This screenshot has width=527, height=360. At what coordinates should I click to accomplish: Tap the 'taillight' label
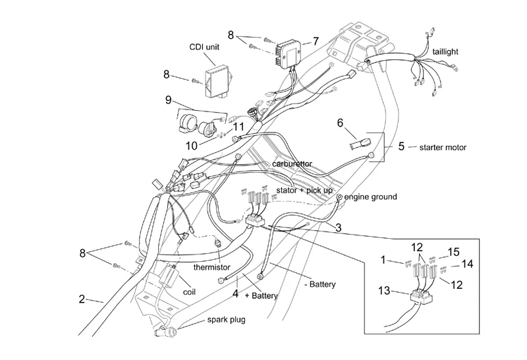pyautogui.click(x=445, y=51)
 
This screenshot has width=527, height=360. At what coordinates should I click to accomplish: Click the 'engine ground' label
pyautogui.click(x=371, y=196)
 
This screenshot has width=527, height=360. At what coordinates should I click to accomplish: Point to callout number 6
pyautogui.click(x=341, y=123)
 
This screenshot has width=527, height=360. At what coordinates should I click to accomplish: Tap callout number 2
pyautogui.click(x=82, y=299)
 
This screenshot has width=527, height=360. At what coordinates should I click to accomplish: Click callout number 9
pyautogui.click(x=169, y=100)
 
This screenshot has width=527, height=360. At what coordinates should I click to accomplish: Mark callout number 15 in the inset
pyautogui.click(x=453, y=251)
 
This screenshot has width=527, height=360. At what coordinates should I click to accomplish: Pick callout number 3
pyautogui.click(x=337, y=228)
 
